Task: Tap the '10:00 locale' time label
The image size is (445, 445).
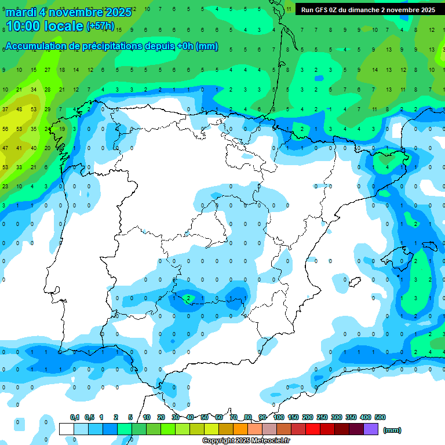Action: click(44, 26)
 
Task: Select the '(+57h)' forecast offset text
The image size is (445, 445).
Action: click(100, 26)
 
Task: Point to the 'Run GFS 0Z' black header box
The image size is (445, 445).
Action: click(369, 9)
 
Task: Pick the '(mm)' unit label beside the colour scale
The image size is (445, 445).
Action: click(392, 430)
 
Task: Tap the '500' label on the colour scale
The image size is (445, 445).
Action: click(380, 417)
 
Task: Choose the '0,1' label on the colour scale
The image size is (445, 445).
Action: click(75, 417)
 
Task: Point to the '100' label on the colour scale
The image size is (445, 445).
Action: click(279, 417)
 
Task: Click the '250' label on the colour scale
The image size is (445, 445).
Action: click(322, 417)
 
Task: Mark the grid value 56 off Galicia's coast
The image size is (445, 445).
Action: click(6, 129)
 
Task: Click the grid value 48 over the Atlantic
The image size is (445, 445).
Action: click(19, 109)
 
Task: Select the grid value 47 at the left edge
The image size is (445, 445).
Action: click(6, 148)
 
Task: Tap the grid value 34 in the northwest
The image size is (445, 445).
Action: click(34, 89)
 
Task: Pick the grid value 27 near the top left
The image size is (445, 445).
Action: click(48, 70)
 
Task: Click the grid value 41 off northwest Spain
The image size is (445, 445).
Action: click(19, 148)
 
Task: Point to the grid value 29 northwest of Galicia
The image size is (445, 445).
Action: click(48, 109)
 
